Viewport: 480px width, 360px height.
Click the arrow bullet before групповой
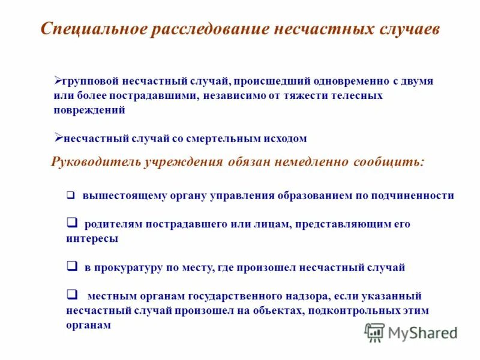click(59, 79)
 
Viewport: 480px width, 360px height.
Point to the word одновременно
click(346, 81)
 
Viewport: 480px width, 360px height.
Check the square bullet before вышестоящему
click(70, 196)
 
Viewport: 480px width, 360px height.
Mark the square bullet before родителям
click(71, 223)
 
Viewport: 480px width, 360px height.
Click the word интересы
click(92, 238)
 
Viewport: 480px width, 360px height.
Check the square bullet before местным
click(71, 295)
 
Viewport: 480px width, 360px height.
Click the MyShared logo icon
click(374, 332)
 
